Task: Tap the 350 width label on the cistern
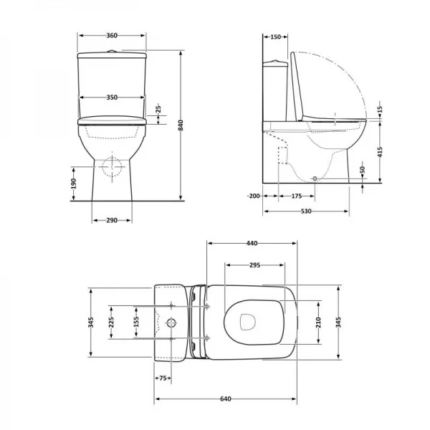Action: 111,97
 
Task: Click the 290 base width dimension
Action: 111,219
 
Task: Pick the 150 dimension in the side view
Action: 275,36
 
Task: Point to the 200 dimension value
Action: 253,195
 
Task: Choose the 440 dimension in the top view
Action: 252,244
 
